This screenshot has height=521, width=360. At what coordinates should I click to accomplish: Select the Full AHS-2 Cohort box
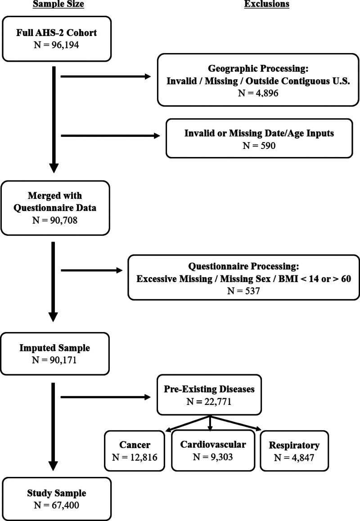point(57,39)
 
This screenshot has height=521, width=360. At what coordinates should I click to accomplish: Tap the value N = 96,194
point(57,45)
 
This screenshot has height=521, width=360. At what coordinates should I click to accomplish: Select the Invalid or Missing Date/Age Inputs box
point(259,138)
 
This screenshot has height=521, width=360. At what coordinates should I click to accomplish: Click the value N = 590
point(259,145)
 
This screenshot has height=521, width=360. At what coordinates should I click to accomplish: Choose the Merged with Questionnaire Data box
point(55,207)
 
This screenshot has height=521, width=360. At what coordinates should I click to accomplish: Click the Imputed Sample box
point(55,354)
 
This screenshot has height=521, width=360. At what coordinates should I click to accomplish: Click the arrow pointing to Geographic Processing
point(106,76)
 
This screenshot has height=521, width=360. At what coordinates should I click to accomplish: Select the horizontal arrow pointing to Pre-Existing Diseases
point(106,397)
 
